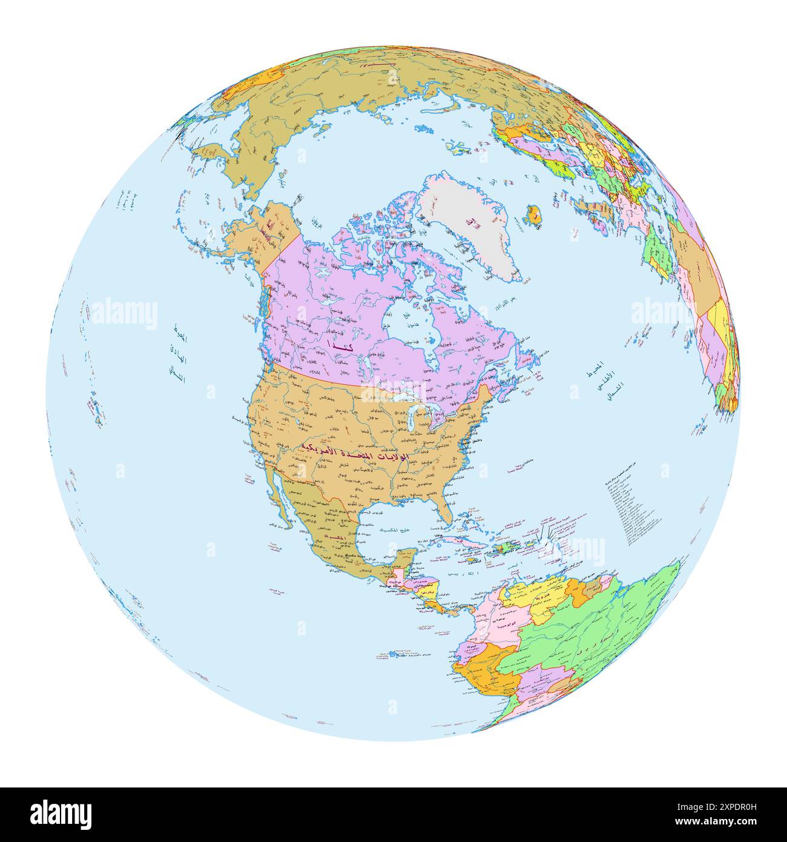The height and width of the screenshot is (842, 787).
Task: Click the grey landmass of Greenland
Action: (x=466, y=224)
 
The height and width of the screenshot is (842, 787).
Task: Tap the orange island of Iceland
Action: (x=534, y=213)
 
